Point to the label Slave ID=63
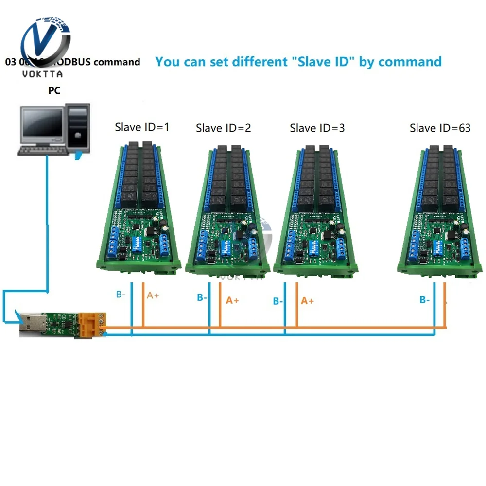coord(440,128)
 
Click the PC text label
coord(54,90)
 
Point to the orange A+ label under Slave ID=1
coord(153,295)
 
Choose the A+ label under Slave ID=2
coord(232,300)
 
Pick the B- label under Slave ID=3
coord(278,301)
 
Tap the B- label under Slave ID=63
coord(424,300)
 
